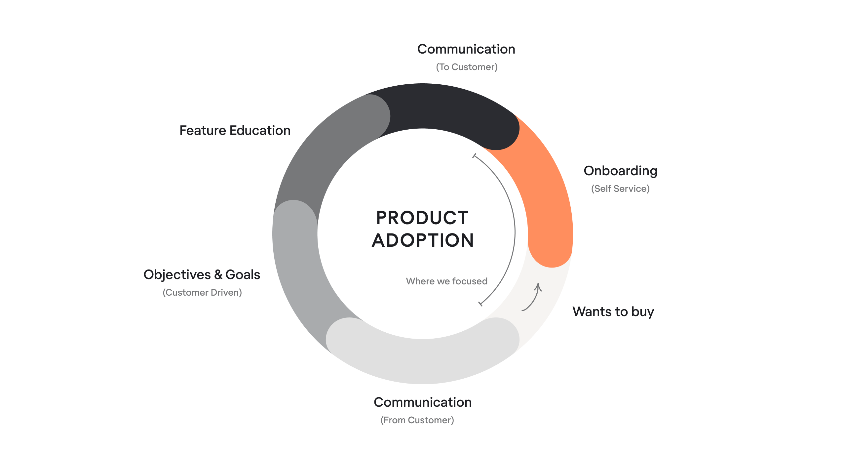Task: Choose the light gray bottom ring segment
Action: coord(423,360)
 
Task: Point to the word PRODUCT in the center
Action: coord(422,218)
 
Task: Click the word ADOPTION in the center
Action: coord(423,240)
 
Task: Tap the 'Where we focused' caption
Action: coord(446,281)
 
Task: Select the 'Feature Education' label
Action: coord(235,131)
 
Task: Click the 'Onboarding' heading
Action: coord(620,171)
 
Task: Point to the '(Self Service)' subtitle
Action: coord(620,188)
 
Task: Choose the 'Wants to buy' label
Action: coord(613,312)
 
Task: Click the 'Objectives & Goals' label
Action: coord(202,275)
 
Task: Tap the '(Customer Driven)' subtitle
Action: coord(202,292)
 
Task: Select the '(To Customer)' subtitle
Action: coord(466,67)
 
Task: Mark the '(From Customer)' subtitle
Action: coord(417,420)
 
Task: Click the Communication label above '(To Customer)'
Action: coord(466,49)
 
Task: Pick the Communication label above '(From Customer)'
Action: coord(422,402)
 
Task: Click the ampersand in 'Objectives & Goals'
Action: coord(218,275)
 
